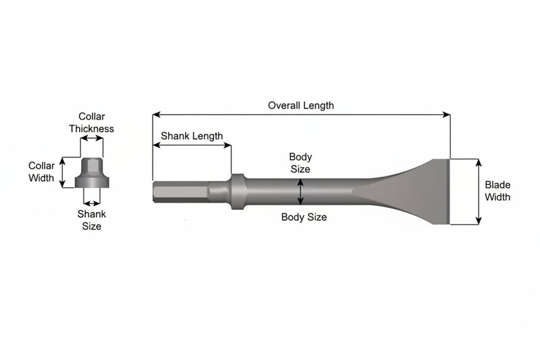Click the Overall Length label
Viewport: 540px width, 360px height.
301,105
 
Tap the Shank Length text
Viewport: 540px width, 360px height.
192,136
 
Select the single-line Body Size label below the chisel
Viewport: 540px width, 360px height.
304,217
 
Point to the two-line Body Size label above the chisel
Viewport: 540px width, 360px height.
300,163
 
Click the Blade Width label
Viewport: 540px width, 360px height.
497,191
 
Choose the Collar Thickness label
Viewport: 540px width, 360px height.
91,123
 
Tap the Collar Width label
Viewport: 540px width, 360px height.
41,172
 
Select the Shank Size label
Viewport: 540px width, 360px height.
91,220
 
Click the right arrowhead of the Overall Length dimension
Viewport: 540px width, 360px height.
447,114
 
